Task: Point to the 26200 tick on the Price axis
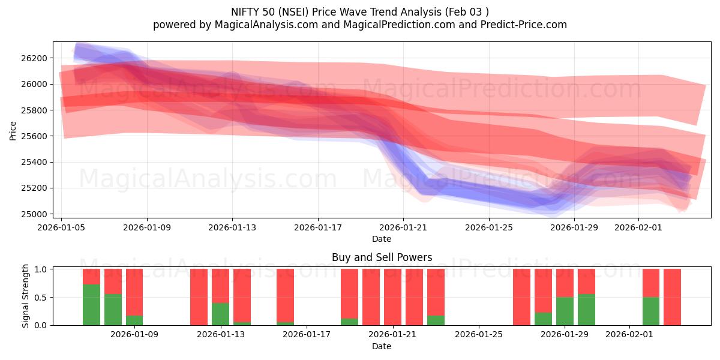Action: click(35, 58)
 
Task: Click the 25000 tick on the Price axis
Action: click(35, 214)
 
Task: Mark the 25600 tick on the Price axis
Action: click(35, 136)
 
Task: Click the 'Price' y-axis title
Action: click(13, 130)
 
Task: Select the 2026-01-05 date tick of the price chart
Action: click(62, 228)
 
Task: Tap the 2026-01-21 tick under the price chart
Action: click(403, 228)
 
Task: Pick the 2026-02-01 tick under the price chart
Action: click(638, 228)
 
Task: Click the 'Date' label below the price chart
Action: click(382, 239)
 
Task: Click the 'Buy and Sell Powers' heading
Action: click(382, 257)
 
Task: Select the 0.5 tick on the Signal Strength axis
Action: click(41, 298)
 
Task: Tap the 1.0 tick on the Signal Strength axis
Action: click(41, 269)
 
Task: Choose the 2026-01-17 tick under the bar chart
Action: click(307, 335)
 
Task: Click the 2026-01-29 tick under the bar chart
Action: click(565, 335)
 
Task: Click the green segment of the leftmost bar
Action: click(91, 305)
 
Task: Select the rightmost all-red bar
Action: click(672, 297)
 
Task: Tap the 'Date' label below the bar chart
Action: click(382, 346)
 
